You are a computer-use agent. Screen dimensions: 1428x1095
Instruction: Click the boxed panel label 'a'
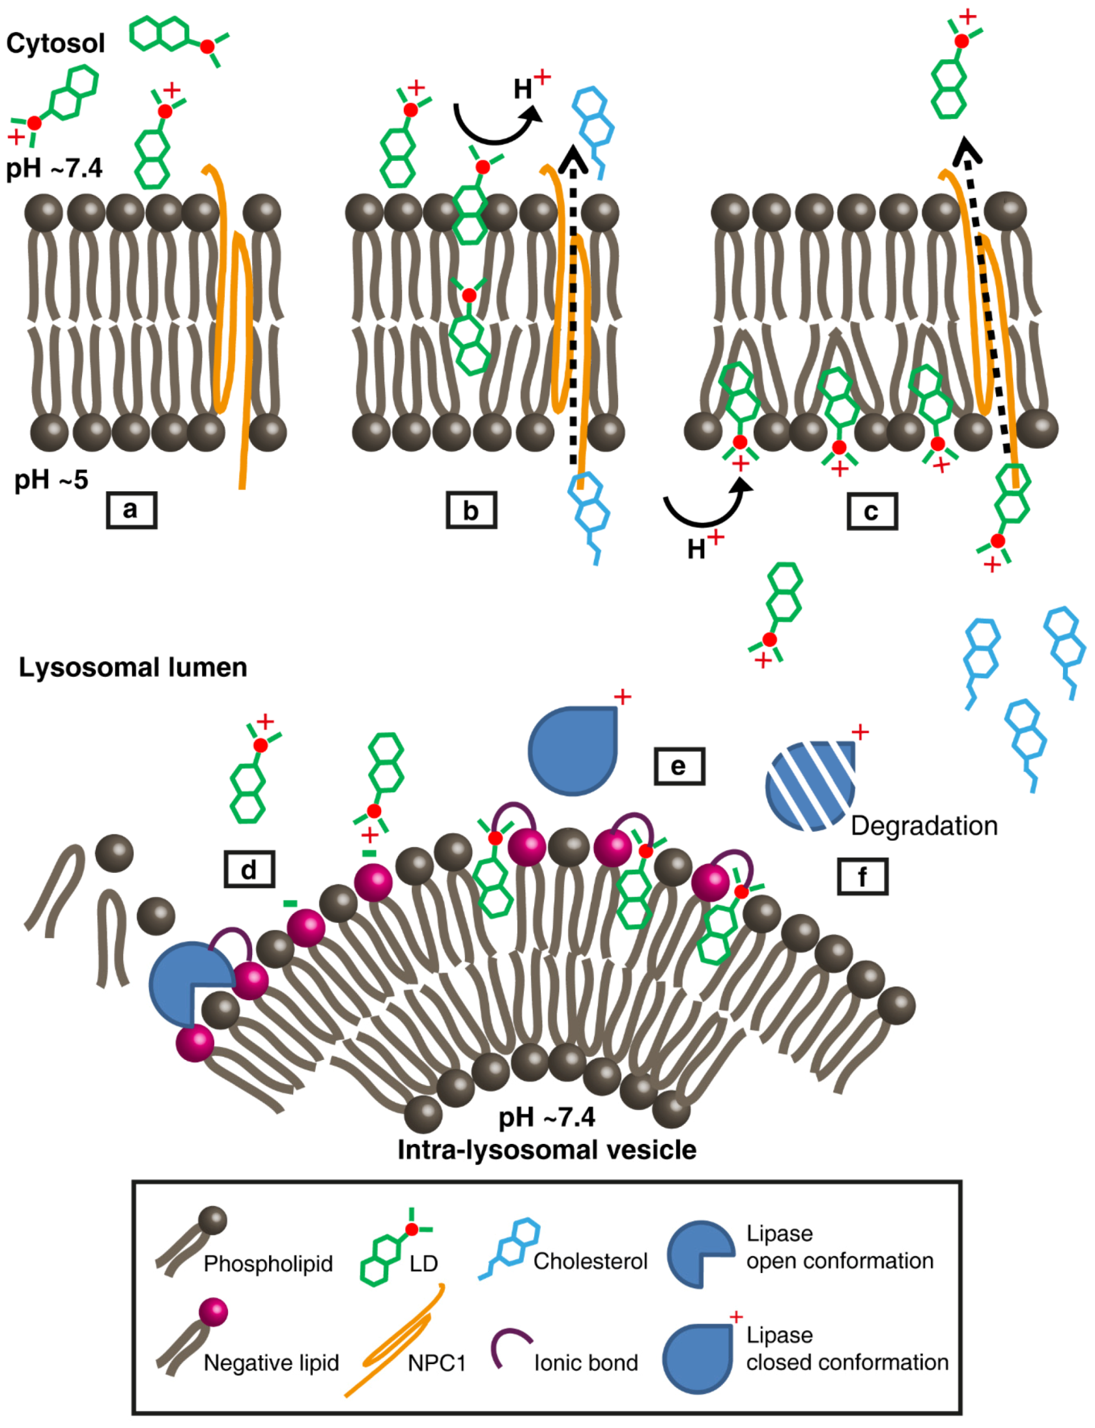pos(131,509)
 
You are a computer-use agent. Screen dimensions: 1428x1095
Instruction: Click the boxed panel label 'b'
pos(471,510)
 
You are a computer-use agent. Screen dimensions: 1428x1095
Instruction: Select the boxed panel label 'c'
pos(872,511)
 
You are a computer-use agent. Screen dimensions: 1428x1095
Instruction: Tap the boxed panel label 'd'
pos(249,870)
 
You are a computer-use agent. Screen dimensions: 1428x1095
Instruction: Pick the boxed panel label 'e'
pos(679,766)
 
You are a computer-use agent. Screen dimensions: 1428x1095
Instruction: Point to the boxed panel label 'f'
pos(862,877)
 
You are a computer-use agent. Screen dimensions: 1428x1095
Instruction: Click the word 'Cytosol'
pos(55,44)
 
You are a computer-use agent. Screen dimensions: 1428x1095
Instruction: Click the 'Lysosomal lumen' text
pos(133,667)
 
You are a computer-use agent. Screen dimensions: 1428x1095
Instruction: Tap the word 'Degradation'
pos(924,826)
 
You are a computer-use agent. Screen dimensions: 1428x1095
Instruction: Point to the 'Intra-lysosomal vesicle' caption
pos(546,1150)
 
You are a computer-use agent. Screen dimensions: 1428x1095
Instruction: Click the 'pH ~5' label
pos(51,479)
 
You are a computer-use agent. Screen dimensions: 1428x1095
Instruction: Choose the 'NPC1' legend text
pos(436,1363)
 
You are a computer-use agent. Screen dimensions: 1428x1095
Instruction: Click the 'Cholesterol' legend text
pos(590,1261)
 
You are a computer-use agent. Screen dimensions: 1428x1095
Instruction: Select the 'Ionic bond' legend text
pos(586,1363)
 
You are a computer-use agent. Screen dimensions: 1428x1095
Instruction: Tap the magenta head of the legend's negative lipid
pos(213,1312)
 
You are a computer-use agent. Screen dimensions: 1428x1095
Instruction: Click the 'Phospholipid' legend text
pos(268,1264)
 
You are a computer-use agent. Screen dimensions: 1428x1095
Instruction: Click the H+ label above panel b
pos(529,87)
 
